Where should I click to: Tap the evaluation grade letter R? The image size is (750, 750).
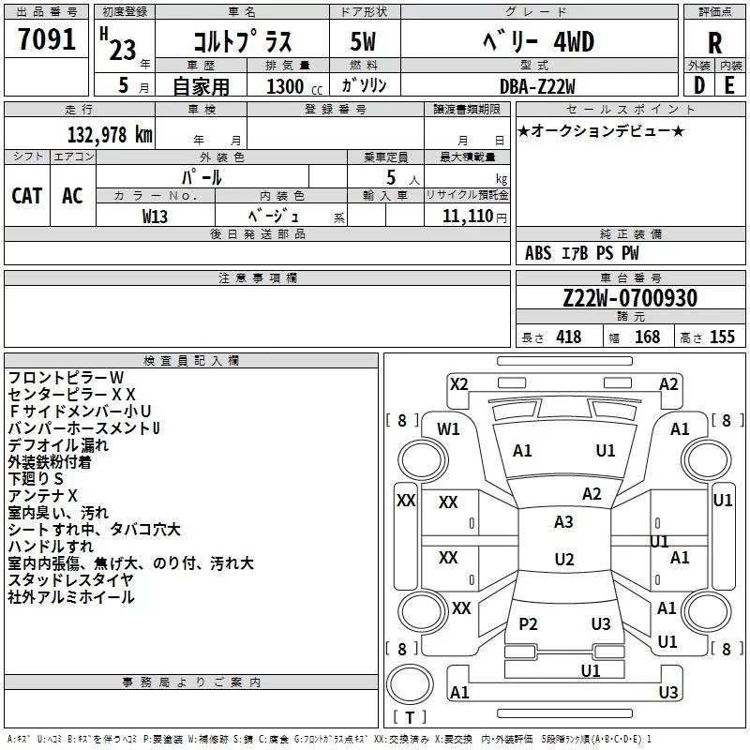(x=714, y=43)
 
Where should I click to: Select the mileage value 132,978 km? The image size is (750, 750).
(x=110, y=135)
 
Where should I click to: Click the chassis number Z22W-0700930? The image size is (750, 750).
(x=630, y=299)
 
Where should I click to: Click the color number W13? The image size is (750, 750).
(x=155, y=216)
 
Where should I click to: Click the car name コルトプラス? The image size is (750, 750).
(x=242, y=42)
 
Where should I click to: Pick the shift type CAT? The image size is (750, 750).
(x=27, y=196)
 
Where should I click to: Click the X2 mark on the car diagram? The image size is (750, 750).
(x=459, y=383)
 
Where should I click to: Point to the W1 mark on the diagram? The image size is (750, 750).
(x=449, y=429)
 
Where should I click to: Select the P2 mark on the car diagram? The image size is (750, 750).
(x=528, y=624)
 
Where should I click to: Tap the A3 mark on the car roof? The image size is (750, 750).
(x=563, y=522)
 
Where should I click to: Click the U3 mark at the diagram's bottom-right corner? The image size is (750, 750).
(x=668, y=693)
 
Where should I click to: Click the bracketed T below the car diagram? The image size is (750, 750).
(x=409, y=718)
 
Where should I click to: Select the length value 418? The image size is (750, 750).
(x=569, y=337)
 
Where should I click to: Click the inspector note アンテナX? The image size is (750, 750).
(x=43, y=495)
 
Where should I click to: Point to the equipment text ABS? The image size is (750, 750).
(x=538, y=253)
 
